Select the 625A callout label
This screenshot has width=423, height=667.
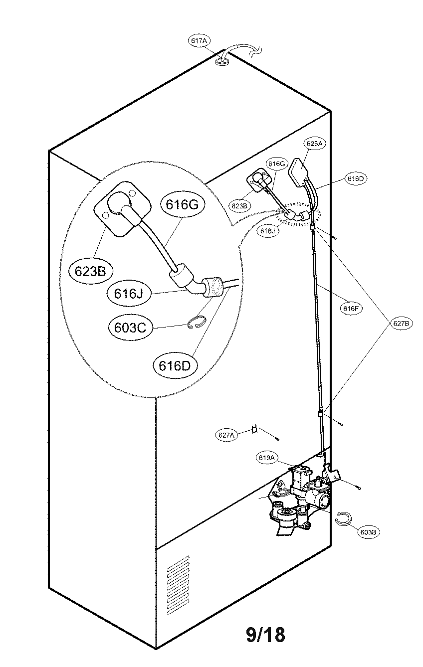click(315, 144)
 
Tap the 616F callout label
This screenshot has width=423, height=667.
click(351, 309)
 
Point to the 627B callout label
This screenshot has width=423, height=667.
click(401, 323)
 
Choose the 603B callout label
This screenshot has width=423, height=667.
click(368, 532)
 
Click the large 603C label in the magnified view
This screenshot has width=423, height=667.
click(126, 328)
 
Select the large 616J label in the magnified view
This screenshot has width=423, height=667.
click(128, 294)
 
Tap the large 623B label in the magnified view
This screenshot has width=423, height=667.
click(90, 271)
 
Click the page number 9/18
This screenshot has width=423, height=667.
click(266, 635)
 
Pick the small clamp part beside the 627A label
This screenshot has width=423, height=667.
click(255, 428)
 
